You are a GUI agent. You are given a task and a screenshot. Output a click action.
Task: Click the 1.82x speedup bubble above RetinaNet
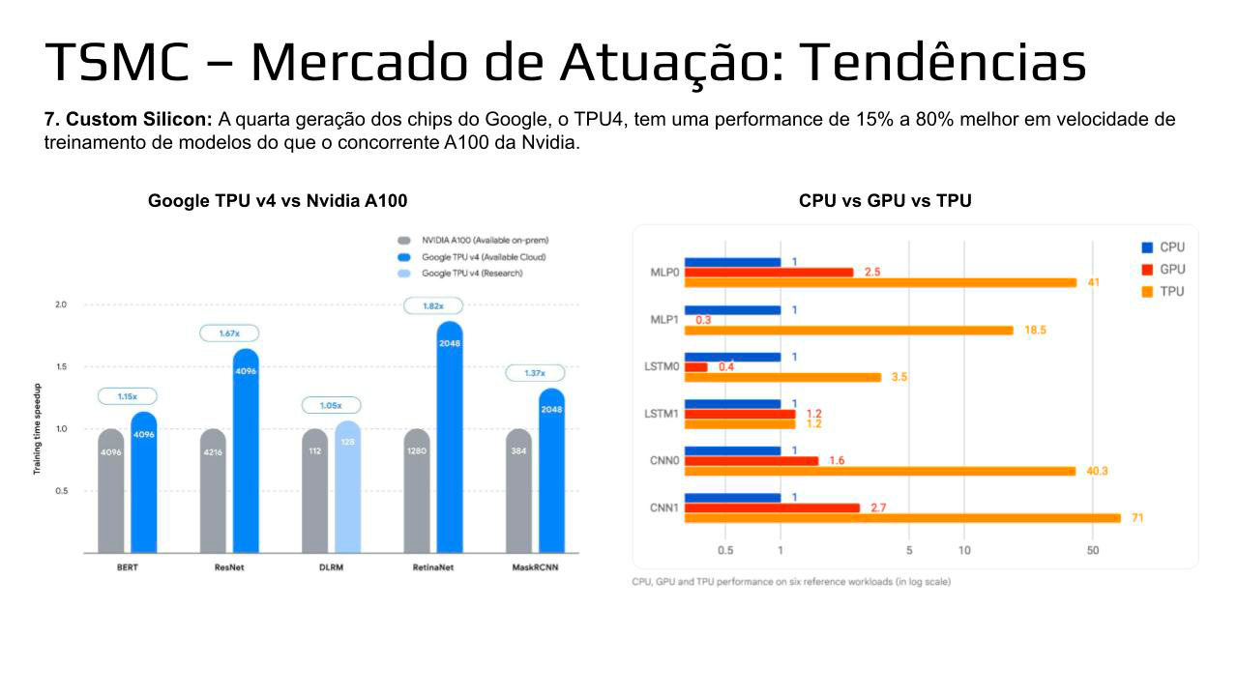point(432,305)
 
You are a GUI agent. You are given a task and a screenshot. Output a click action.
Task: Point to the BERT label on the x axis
point(126,567)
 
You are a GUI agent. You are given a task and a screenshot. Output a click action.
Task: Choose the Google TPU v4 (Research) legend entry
point(472,274)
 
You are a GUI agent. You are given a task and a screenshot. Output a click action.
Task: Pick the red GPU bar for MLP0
point(769,273)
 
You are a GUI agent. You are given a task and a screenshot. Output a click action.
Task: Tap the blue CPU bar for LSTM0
point(732,357)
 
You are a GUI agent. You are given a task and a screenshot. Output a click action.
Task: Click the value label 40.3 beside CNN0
point(1097,472)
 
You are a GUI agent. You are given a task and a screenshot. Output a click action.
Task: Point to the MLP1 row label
point(664,319)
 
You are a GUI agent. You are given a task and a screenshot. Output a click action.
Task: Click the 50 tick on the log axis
point(1093,551)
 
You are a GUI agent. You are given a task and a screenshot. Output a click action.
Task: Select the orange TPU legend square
point(1148,291)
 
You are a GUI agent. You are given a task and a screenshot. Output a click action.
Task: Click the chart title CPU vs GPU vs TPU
point(885,201)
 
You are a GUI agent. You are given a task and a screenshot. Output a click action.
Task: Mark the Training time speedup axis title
point(37,427)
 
